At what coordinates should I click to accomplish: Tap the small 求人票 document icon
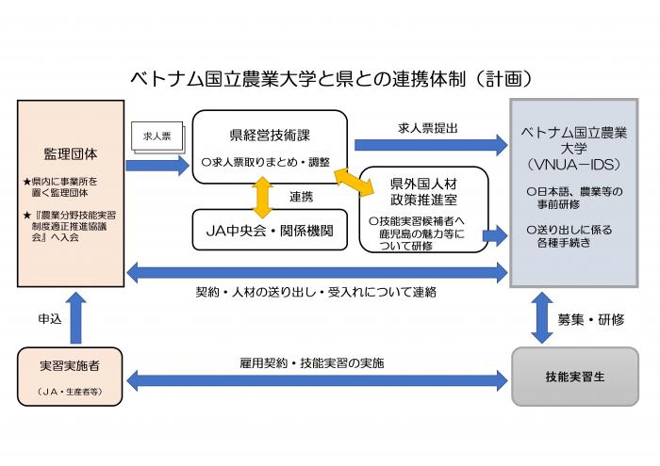coord(154,136)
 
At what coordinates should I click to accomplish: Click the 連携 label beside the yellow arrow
coord(302,196)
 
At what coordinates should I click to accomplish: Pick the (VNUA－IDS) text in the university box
coord(574,163)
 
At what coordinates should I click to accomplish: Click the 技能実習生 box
coord(575,376)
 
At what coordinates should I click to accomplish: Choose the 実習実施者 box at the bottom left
coord(69,375)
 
